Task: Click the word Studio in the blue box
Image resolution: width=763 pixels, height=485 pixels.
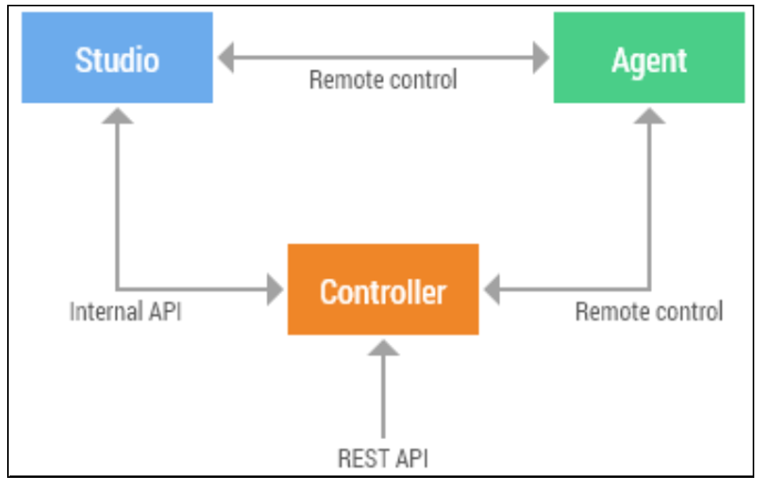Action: [x=117, y=60]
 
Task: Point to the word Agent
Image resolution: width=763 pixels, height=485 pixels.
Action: [x=649, y=60]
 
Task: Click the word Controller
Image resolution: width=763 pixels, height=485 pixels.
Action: [x=383, y=292]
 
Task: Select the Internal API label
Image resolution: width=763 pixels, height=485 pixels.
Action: [x=125, y=311]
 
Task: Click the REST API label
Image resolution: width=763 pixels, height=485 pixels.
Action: [x=383, y=457]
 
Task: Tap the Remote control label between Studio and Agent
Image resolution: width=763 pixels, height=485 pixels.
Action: [x=383, y=80]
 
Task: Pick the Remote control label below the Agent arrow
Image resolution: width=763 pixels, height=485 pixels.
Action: [x=649, y=311]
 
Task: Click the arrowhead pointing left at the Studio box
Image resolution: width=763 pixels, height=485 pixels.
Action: [x=226, y=58]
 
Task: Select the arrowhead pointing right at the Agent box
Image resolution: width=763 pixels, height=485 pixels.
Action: [x=541, y=58]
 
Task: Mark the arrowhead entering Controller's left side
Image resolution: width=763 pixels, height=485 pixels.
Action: [x=275, y=289]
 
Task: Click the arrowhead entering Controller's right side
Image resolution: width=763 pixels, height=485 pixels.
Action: [x=492, y=289]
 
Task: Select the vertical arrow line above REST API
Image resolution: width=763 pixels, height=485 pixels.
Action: [x=383, y=396]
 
